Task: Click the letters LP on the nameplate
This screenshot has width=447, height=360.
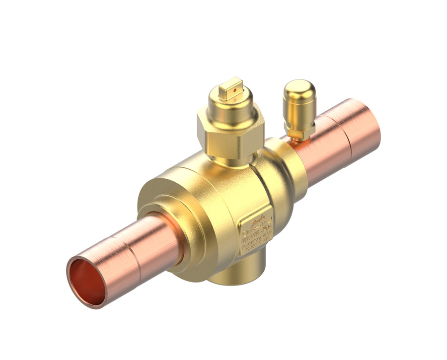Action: point(263,224)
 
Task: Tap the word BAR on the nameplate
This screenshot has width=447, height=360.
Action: point(269,233)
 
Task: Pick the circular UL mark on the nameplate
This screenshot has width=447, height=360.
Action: point(266,229)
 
